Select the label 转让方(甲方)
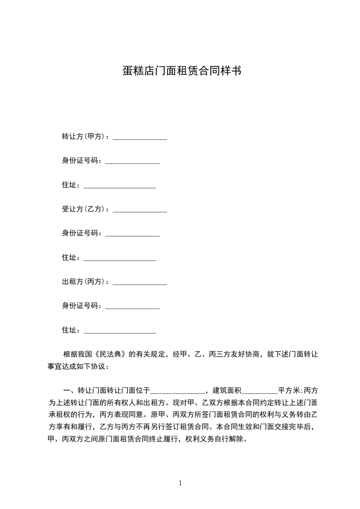84,136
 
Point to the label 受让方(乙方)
84,209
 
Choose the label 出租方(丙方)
84,282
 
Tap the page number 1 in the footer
180,483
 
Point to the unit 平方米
289,390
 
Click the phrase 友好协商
246,354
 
